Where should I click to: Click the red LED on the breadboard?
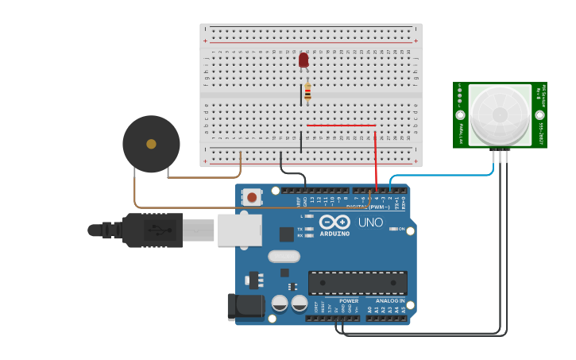[x=303, y=60]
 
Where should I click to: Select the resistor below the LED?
[x=307, y=92]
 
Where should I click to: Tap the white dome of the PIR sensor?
[x=499, y=114]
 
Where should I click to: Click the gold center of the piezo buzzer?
[x=151, y=144]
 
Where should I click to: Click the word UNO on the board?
[x=369, y=223]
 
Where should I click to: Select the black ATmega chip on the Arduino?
[x=358, y=282]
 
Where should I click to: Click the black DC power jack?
[x=246, y=308]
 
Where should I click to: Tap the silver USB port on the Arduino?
[x=239, y=230]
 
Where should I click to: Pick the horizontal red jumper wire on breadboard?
[x=342, y=125]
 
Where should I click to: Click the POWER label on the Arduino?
[x=349, y=301]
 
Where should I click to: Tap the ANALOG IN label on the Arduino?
[x=390, y=301]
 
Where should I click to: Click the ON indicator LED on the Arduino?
[x=393, y=229]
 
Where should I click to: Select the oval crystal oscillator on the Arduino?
[x=284, y=256]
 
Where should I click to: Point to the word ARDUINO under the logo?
[x=334, y=234]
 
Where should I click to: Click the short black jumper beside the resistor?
[x=301, y=95]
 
